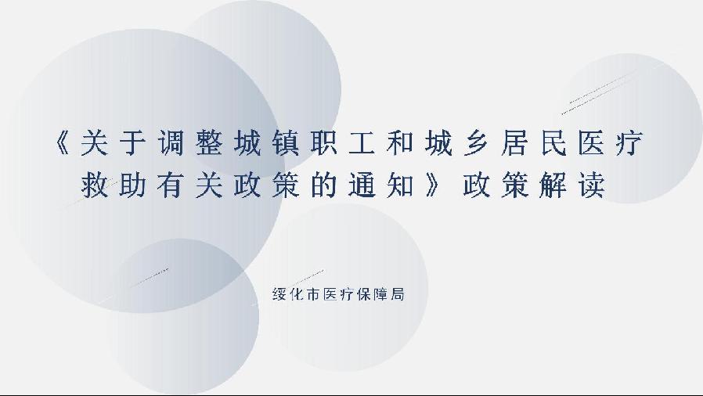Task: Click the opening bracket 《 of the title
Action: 62,142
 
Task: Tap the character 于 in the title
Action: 133,142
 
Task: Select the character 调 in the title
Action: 171,142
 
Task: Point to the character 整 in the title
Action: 209,142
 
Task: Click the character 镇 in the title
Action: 286,142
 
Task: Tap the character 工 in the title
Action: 362,142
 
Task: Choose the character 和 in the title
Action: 400,142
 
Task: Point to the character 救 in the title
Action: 95,184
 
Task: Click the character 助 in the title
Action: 133,184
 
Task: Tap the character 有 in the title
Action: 171,184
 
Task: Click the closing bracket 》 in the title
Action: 433,184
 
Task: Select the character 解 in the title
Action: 553,184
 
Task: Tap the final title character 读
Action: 592,184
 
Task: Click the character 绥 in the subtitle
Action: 279,293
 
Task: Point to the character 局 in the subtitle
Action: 397,293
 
